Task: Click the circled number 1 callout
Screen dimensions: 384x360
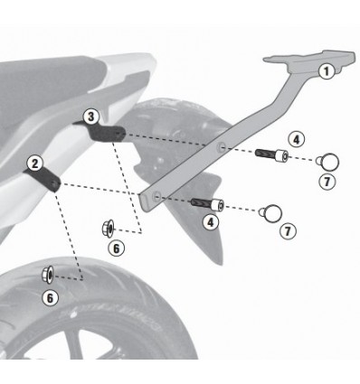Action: (x=327, y=70)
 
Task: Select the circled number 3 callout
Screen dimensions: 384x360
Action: (x=90, y=116)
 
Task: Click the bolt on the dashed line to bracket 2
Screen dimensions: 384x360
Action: (x=204, y=201)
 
